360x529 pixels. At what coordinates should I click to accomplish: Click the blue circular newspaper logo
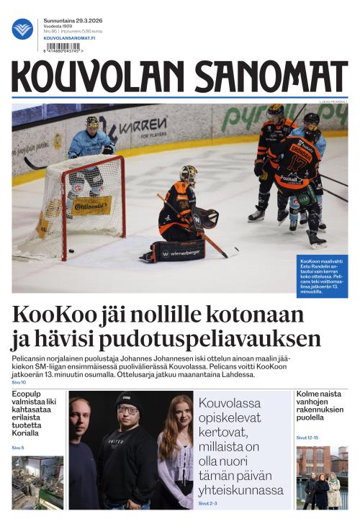pos(22,29)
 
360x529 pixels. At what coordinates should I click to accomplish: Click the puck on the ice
pos(71,251)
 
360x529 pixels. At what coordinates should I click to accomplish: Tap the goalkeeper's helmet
pos(189,174)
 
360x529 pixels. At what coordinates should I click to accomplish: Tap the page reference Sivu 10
pos(19,382)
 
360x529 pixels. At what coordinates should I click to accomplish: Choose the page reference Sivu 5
pos(17,448)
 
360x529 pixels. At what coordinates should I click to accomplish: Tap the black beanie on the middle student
pos(129,399)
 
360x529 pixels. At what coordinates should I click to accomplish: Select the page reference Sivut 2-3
pos(209,503)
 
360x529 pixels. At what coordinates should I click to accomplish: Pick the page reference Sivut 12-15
pos(307,437)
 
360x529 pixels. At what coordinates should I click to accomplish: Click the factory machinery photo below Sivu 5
pos(37,482)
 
